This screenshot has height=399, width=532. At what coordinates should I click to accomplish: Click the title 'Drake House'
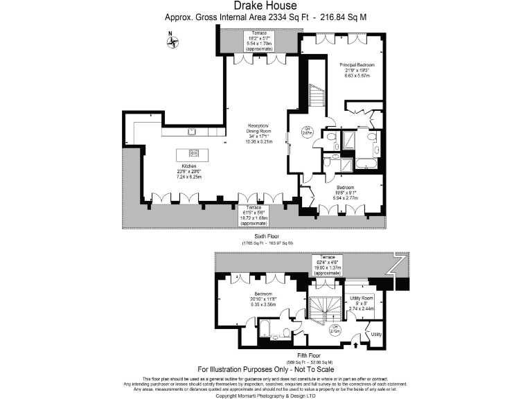(266, 6)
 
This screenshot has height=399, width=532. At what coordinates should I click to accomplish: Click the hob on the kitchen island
(193, 153)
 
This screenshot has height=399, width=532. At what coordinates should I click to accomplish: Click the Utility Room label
(362, 302)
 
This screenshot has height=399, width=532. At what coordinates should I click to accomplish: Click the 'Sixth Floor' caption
(267, 236)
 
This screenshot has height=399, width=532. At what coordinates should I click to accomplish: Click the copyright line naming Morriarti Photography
(266, 395)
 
